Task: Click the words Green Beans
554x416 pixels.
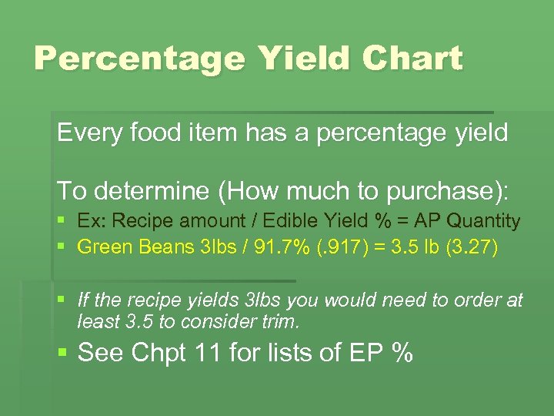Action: [x=130, y=247]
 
